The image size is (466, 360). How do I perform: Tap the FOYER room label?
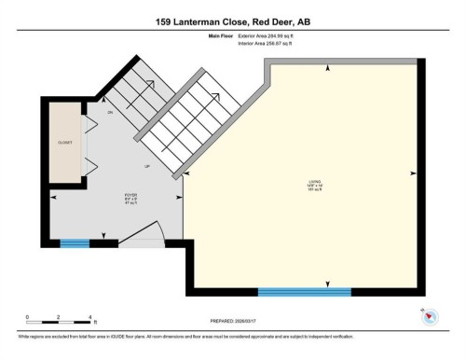[x=131, y=198]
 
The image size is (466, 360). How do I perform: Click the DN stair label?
[x=110, y=113]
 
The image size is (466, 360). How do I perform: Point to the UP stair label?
[x=146, y=166]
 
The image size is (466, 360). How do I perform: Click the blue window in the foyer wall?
[x=75, y=243]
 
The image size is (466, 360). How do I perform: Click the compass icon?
[x=428, y=316]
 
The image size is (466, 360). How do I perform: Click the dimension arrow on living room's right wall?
[x=411, y=173]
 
